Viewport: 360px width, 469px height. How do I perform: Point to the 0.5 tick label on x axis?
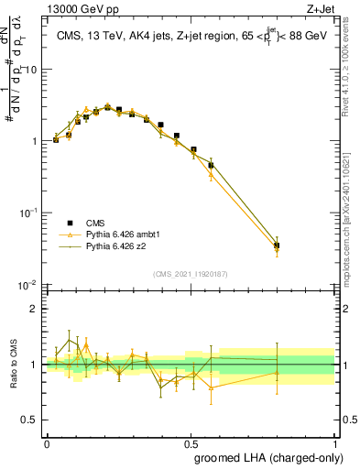pos(191,442)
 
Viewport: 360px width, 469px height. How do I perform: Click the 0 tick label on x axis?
pos(47,442)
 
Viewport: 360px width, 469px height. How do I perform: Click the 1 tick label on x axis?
pos(334,442)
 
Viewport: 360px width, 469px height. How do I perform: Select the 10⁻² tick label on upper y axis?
pos(27,285)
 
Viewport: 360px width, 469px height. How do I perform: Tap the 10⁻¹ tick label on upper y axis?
pos(27,213)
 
